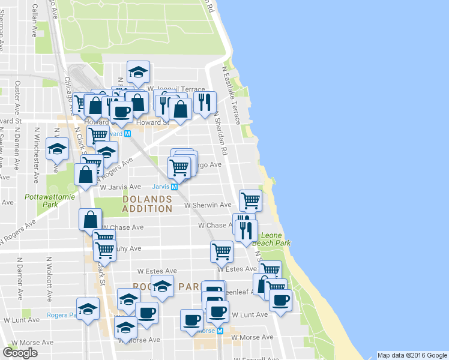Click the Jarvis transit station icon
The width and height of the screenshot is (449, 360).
coord(175,187)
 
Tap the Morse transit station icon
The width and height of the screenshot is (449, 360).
coord(220,331)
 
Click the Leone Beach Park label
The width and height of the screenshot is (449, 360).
coord(271,239)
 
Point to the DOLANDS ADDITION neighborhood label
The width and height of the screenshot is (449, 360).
coord(146,203)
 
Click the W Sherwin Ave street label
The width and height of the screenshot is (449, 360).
coord(208,205)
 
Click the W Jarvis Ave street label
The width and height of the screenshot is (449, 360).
coord(120,187)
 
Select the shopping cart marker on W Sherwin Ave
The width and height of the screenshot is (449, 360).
coord(250,199)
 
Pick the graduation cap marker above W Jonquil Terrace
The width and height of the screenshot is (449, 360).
coord(138,71)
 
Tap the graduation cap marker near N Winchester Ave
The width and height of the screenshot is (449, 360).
coord(58,149)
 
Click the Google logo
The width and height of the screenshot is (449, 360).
coord(20,353)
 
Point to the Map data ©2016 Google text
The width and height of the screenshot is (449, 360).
coord(412,355)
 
